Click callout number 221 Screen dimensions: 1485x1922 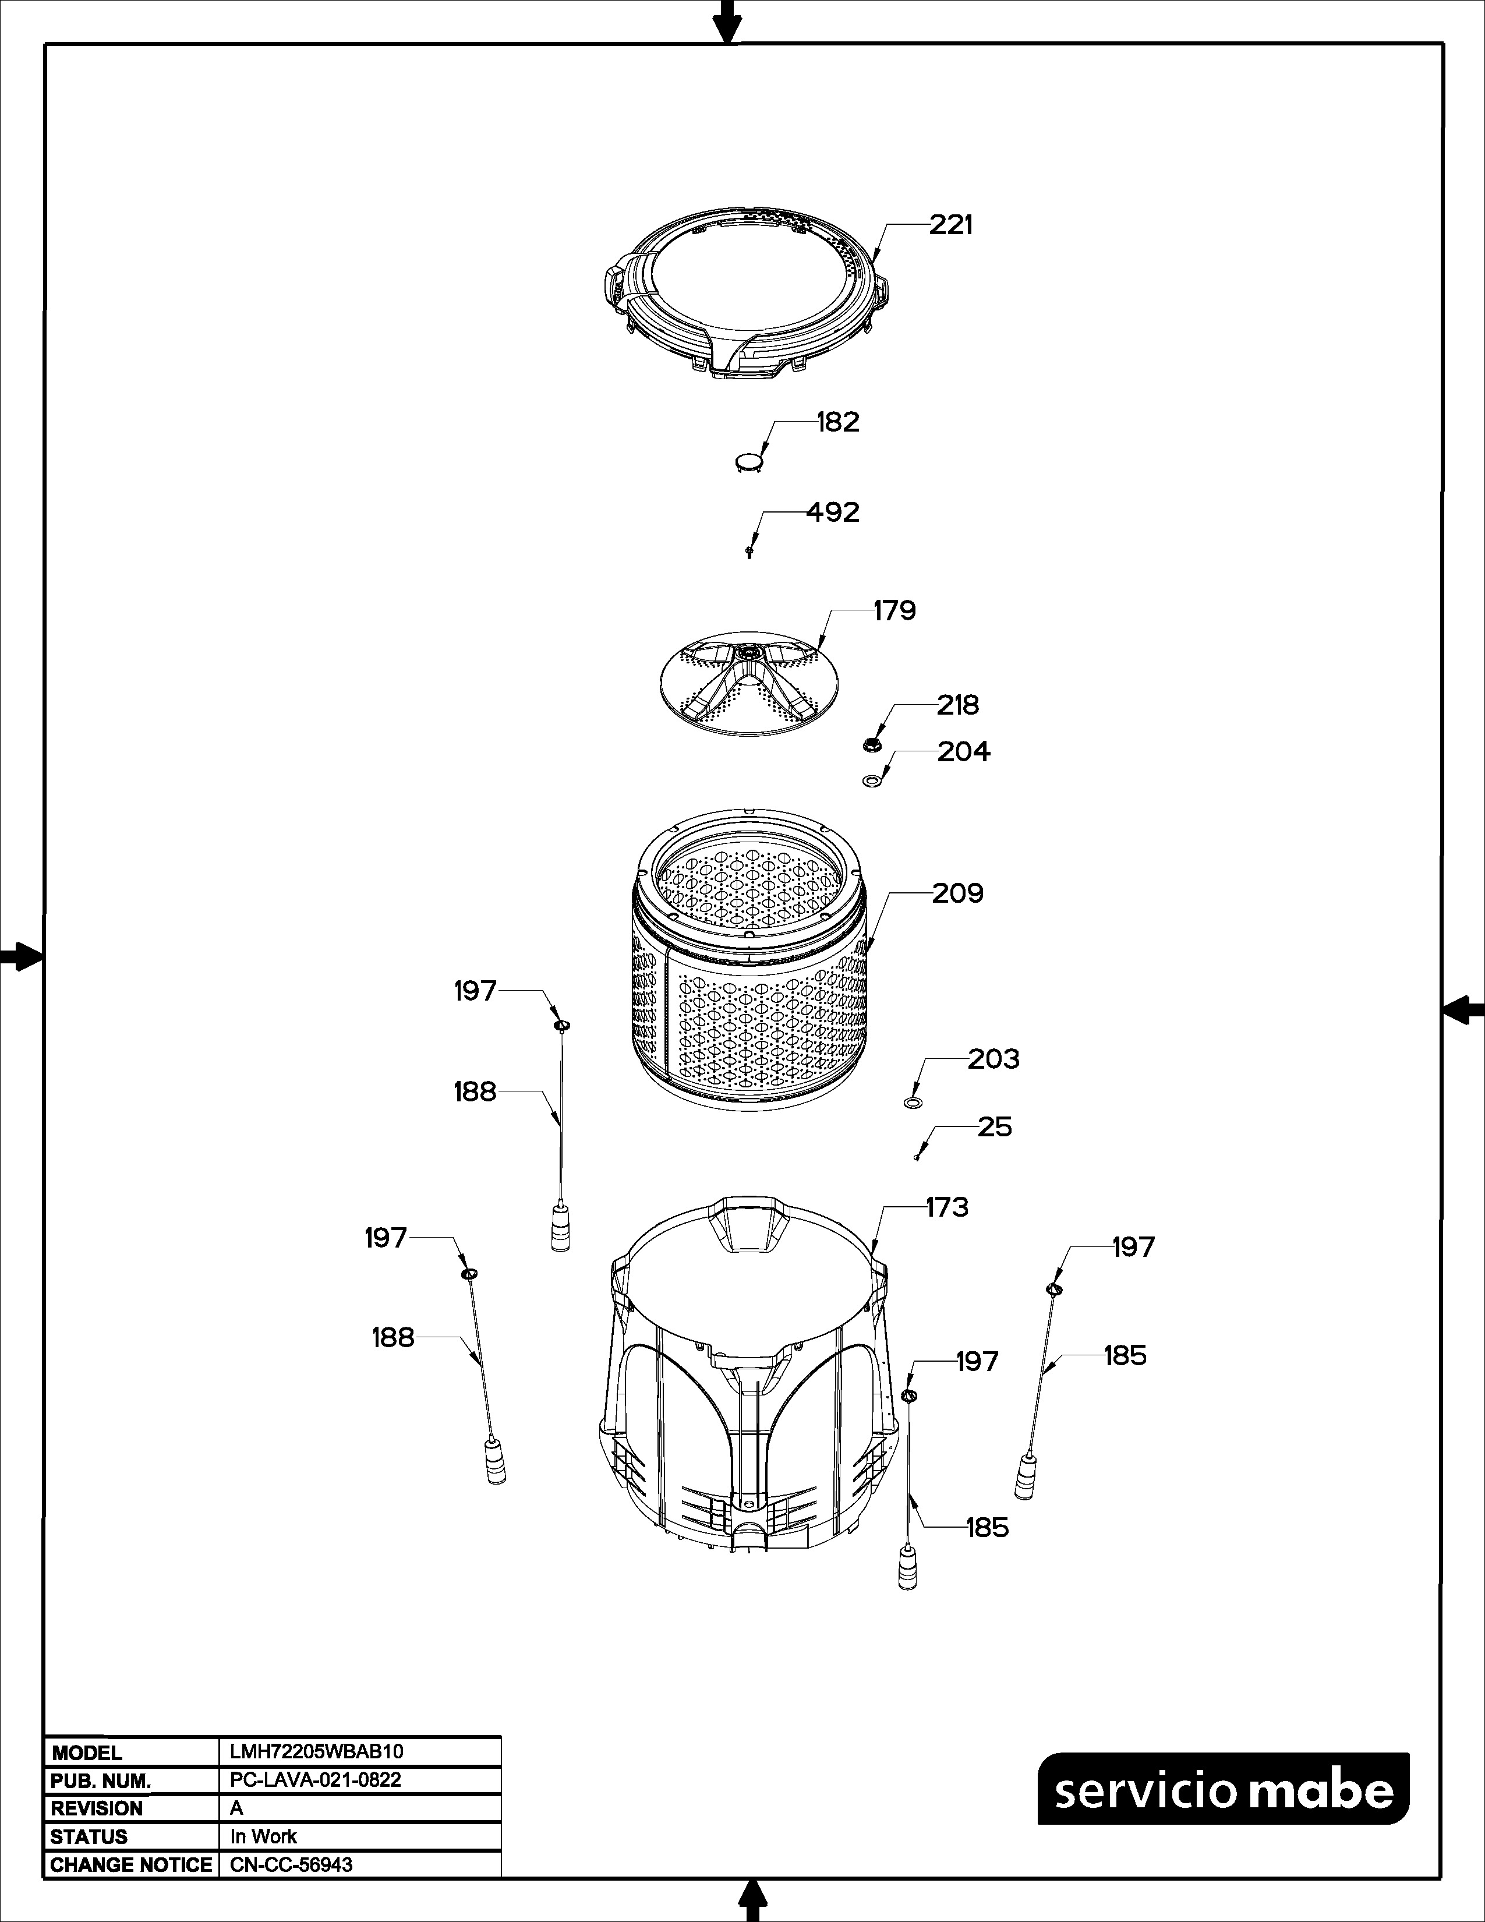[951, 225]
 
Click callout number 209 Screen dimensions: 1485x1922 [958, 893]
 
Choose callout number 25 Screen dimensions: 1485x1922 [995, 1128]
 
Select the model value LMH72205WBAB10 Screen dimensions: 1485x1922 [317, 1751]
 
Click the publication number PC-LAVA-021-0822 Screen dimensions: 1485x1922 [316, 1779]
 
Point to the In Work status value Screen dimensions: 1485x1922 [263, 1836]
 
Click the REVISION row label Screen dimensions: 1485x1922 [97, 1808]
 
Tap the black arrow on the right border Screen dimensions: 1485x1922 [1463, 1009]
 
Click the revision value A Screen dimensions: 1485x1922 [236, 1808]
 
